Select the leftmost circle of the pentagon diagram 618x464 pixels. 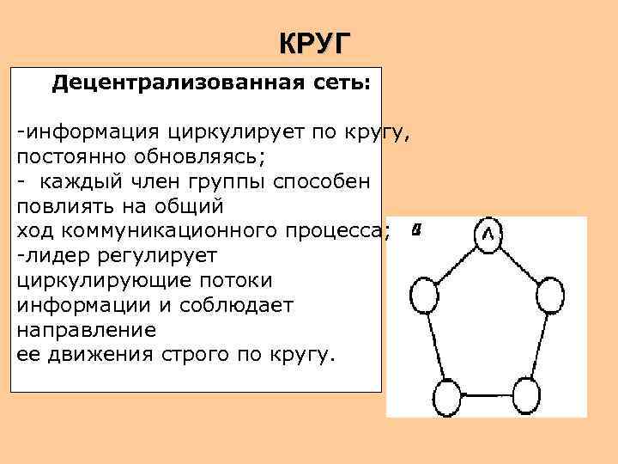(x=426, y=297)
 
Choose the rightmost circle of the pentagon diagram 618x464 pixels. (x=549, y=297)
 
